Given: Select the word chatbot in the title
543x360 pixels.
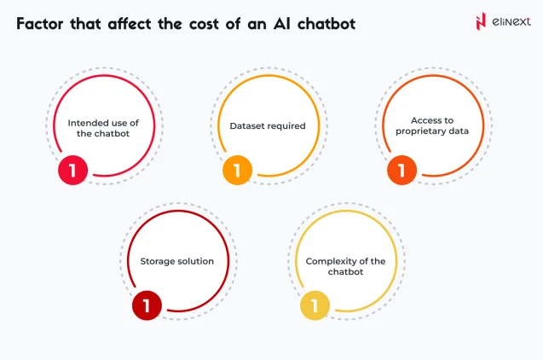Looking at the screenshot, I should click(323, 24).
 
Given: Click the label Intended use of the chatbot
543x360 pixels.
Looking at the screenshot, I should click(103, 129).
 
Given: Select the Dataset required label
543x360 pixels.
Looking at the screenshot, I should click(268, 126).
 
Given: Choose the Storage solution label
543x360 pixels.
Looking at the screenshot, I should click(177, 261).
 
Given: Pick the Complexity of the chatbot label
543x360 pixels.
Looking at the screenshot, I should click(345, 266).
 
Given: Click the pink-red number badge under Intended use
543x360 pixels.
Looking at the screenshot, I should click(72, 171).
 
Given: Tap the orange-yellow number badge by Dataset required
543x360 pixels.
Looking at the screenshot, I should click(237, 171).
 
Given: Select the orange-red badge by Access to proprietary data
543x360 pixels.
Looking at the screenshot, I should click(401, 171).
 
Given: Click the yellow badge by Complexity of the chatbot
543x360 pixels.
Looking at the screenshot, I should click(314, 305).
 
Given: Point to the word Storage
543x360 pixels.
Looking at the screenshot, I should click(159, 261).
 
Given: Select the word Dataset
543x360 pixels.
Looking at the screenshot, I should click(248, 126).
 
